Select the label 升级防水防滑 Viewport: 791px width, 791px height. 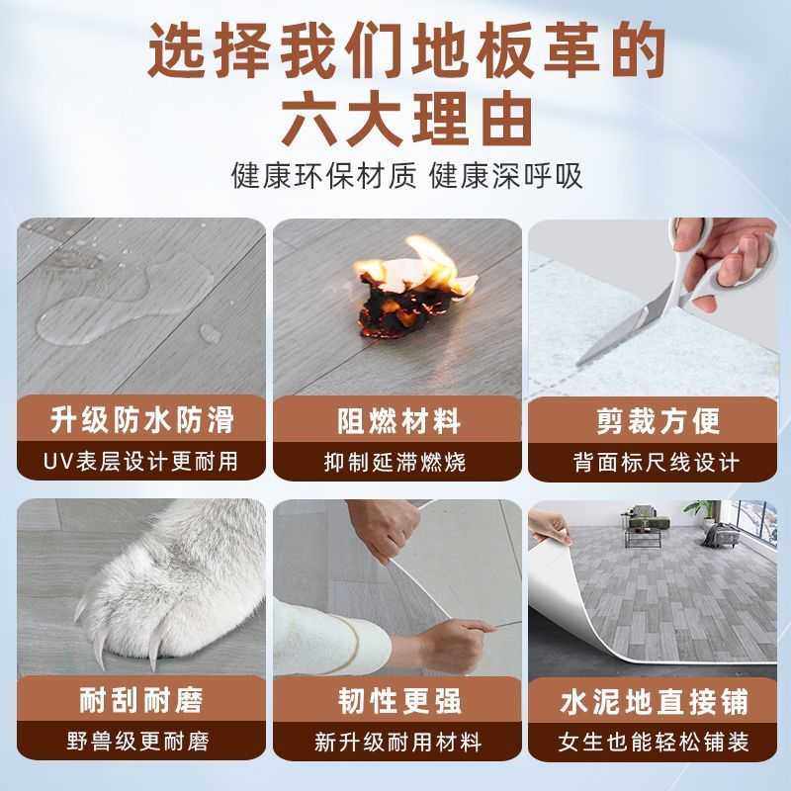(142, 420)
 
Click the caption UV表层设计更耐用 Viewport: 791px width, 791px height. (142, 461)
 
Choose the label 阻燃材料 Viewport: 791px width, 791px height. (395, 420)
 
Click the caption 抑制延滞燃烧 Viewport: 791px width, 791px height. (395, 461)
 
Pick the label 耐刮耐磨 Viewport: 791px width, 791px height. (142, 701)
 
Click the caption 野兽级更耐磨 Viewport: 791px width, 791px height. (142, 742)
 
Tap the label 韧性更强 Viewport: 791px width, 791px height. (395, 701)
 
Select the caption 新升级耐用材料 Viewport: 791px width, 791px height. (395, 742)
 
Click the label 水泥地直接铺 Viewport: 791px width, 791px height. (655, 701)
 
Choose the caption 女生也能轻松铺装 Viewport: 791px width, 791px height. (655, 742)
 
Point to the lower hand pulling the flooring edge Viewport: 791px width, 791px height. (445, 643)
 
